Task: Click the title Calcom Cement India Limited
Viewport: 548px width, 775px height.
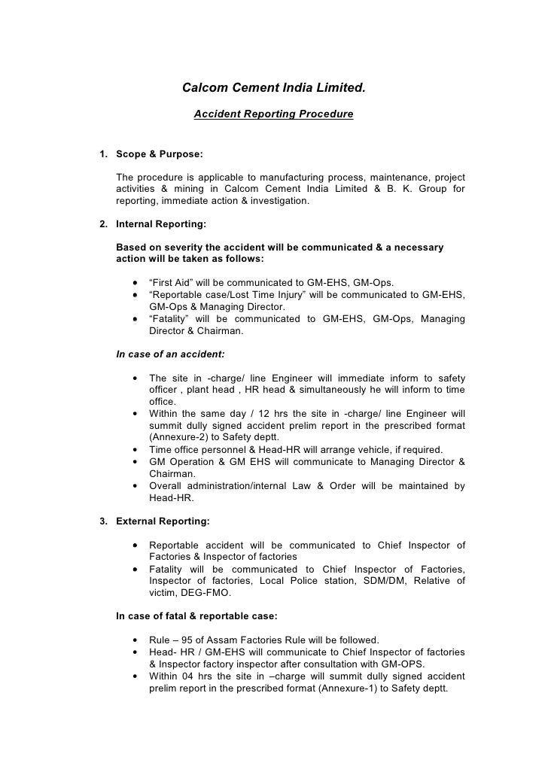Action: coord(274,89)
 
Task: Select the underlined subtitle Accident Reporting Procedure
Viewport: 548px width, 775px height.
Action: coord(273,114)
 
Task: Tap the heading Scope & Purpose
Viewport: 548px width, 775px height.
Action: coord(159,154)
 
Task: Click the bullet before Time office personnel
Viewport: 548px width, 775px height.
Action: coord(134,450)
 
